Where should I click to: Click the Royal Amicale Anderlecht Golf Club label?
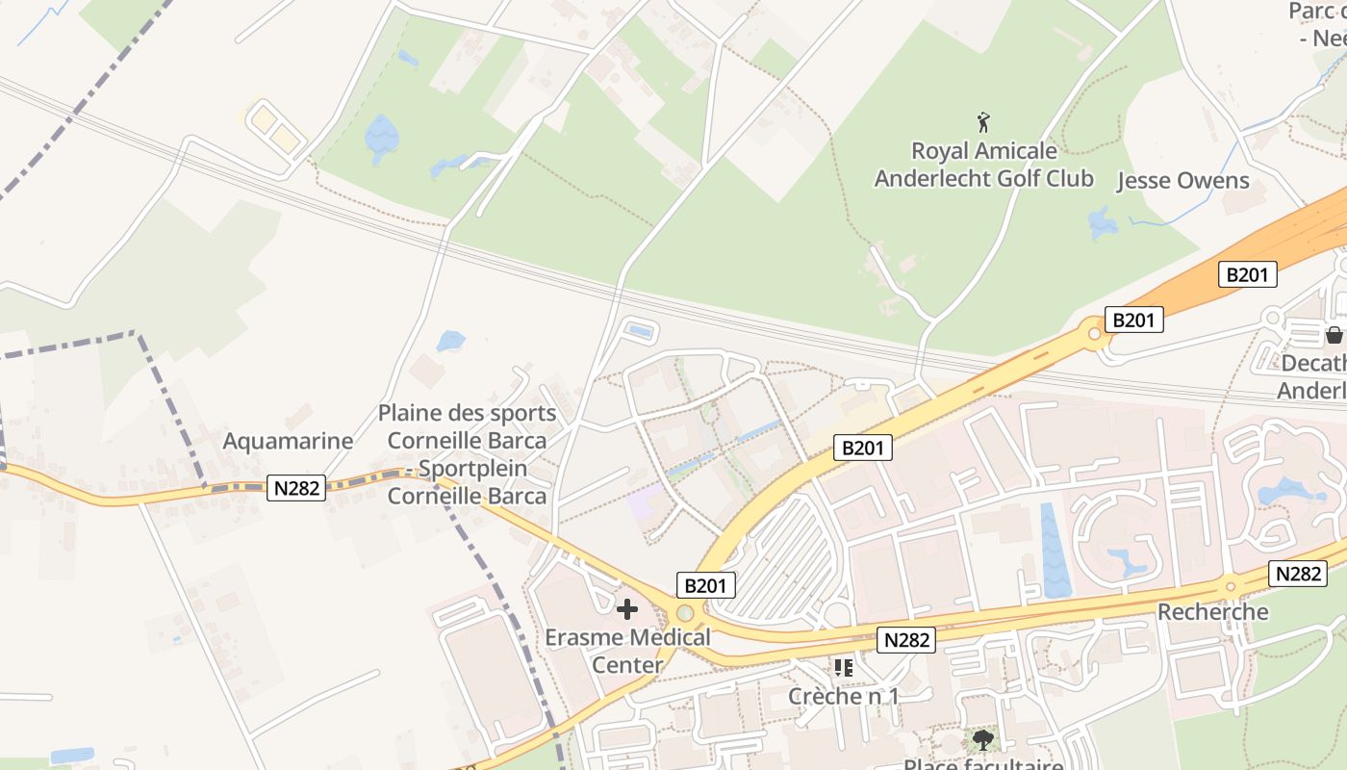click(x=983, y=165)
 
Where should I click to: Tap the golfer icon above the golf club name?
click(x=983, y=123)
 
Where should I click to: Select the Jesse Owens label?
click(x=1182, y=181)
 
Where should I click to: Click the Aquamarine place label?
click(x=288, y=441)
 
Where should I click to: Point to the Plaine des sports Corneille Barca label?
click(x=467, y=454)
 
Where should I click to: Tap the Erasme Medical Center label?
click(x=627, y=651)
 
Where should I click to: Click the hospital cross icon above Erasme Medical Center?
click(x=627, y=608)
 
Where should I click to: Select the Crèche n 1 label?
click(x=843, y=695)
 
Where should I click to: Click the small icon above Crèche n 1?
click(x=844, y=667)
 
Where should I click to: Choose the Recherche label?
click(x=1212, y=612)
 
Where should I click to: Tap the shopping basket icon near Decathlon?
click(x=1334, y=335)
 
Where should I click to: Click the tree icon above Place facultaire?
click(x=982, y=739)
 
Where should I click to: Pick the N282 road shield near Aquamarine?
click(x=296, y=488)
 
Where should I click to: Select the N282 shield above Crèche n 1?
click(x=906, y=639)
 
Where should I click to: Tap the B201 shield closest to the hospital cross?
click(x=706, y=585)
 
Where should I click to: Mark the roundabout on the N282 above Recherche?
click(x=1231, y=586)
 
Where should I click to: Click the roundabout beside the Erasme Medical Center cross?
click(x=685, y=613)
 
